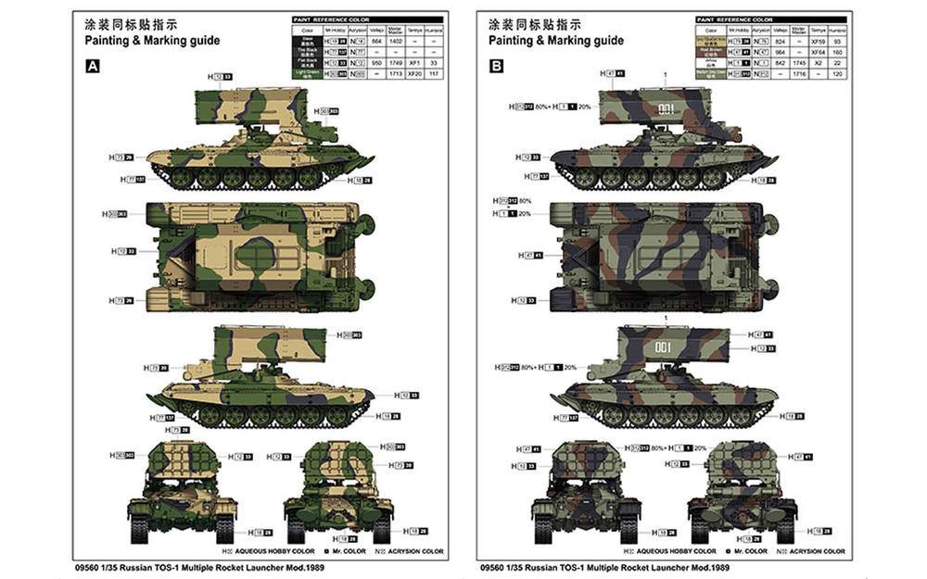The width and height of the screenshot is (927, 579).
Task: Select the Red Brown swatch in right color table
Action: point(712,52)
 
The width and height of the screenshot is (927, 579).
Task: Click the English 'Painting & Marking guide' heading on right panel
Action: point(557,41)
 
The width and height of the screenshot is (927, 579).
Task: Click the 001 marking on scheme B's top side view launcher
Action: point(664,108)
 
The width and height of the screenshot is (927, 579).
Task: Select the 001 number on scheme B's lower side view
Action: point(664,349)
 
